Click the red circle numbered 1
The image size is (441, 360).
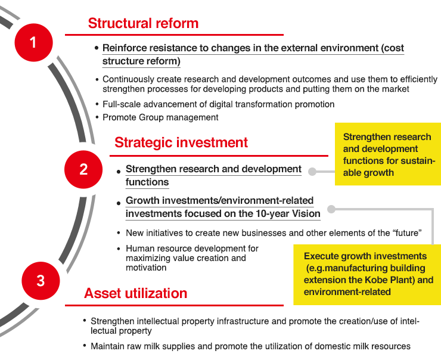coord(34,42)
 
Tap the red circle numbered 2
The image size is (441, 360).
coord(83,169)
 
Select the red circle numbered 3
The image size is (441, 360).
coord(41,281)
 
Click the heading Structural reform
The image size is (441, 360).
coord(143,23)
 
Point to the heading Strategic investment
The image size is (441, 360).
coord(181,142)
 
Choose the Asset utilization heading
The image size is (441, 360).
coord(135,293)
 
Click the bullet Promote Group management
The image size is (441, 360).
coord(160,117)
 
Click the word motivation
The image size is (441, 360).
coord(146,268)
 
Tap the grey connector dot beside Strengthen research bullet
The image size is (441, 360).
coord(312,172)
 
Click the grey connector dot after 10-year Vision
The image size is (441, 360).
coord(331,209)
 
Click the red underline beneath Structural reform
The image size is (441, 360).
coord(174,35)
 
